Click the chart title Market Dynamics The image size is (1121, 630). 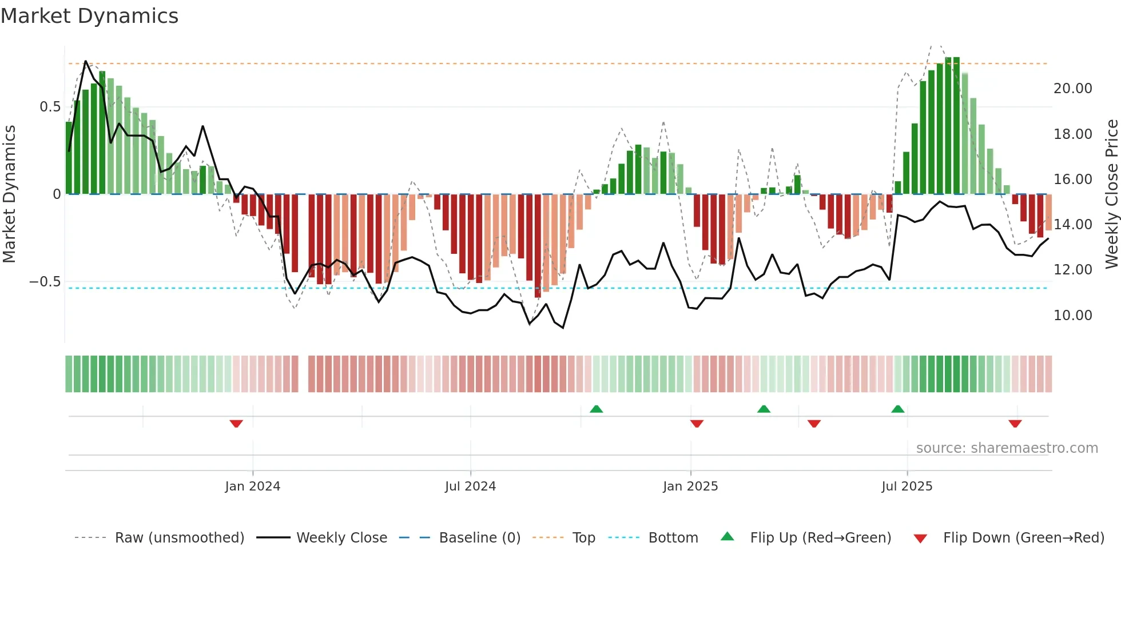(x=89, y=16)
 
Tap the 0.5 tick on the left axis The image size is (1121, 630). (x=50, y=107)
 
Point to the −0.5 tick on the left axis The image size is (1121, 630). (x=45, y=282)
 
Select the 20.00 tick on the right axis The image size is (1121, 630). (x=1072, y=89)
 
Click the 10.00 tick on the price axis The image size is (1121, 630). (x=1072, y=316)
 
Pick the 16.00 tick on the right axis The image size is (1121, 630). (x=1072, y=180)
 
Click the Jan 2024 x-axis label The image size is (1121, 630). (x=252, y=487)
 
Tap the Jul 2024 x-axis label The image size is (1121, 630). (x=470, y=487)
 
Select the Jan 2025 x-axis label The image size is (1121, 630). (x=690, y=487)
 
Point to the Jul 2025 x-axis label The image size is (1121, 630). (x=907, y=487)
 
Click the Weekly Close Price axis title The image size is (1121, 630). (x=1111, y=194)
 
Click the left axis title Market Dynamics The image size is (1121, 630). (x=9, y=194)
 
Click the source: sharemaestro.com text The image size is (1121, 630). (x=1007, y=448)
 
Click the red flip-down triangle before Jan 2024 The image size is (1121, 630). (x=236, y=424)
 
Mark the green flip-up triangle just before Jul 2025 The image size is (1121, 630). (x=897, y=409)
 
